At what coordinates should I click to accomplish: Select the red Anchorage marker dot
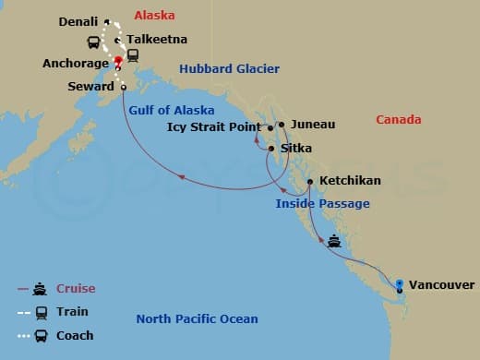[x=118, y=61]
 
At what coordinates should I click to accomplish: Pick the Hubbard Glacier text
[x=229, y=69]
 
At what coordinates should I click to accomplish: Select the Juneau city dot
[x=281, y=123]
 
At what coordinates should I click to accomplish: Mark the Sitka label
[x=297, y=148]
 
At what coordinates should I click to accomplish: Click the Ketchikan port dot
[x=309, y=181]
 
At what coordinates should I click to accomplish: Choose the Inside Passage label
[x=322, y=203]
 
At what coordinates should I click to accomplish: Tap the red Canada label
[x=399, y=120]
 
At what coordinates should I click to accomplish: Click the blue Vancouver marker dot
[x=399, y=283]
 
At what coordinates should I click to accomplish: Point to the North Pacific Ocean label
[x=197, y=319]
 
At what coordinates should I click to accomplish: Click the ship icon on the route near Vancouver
[x=333, y=243]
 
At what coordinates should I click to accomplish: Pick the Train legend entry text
[x=74, y=312]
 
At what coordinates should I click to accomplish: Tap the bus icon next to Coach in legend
[x=42, y=335]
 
